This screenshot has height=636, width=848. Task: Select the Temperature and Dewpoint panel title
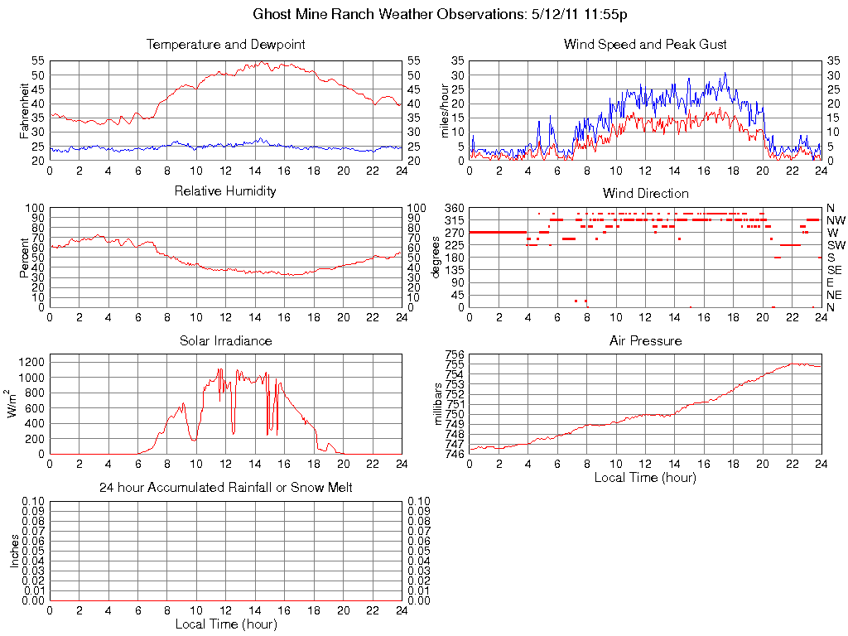click(x=225, y=44)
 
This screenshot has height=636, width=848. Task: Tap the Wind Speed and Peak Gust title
click(x=645, y=44)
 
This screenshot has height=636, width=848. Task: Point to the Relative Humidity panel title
click(x=225, y=191)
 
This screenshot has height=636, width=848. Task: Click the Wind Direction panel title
click(x=645, y=193)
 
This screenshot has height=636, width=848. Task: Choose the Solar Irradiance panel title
click(x=225, y=340)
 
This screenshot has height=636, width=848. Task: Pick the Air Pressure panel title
click(x=645, y=340)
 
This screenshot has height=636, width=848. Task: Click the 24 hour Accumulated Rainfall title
click(x=225, y=488)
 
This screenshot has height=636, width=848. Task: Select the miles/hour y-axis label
click(x=444, y=110)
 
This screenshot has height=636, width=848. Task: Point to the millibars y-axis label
click(x=439, y=404)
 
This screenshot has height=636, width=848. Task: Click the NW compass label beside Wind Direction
click(x=836, y=220)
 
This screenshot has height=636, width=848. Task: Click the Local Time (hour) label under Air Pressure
click(x=645, y=477)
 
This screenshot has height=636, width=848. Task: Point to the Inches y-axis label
click(x=14, y=551)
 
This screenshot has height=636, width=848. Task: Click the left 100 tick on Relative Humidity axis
click(x=35, y=207)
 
